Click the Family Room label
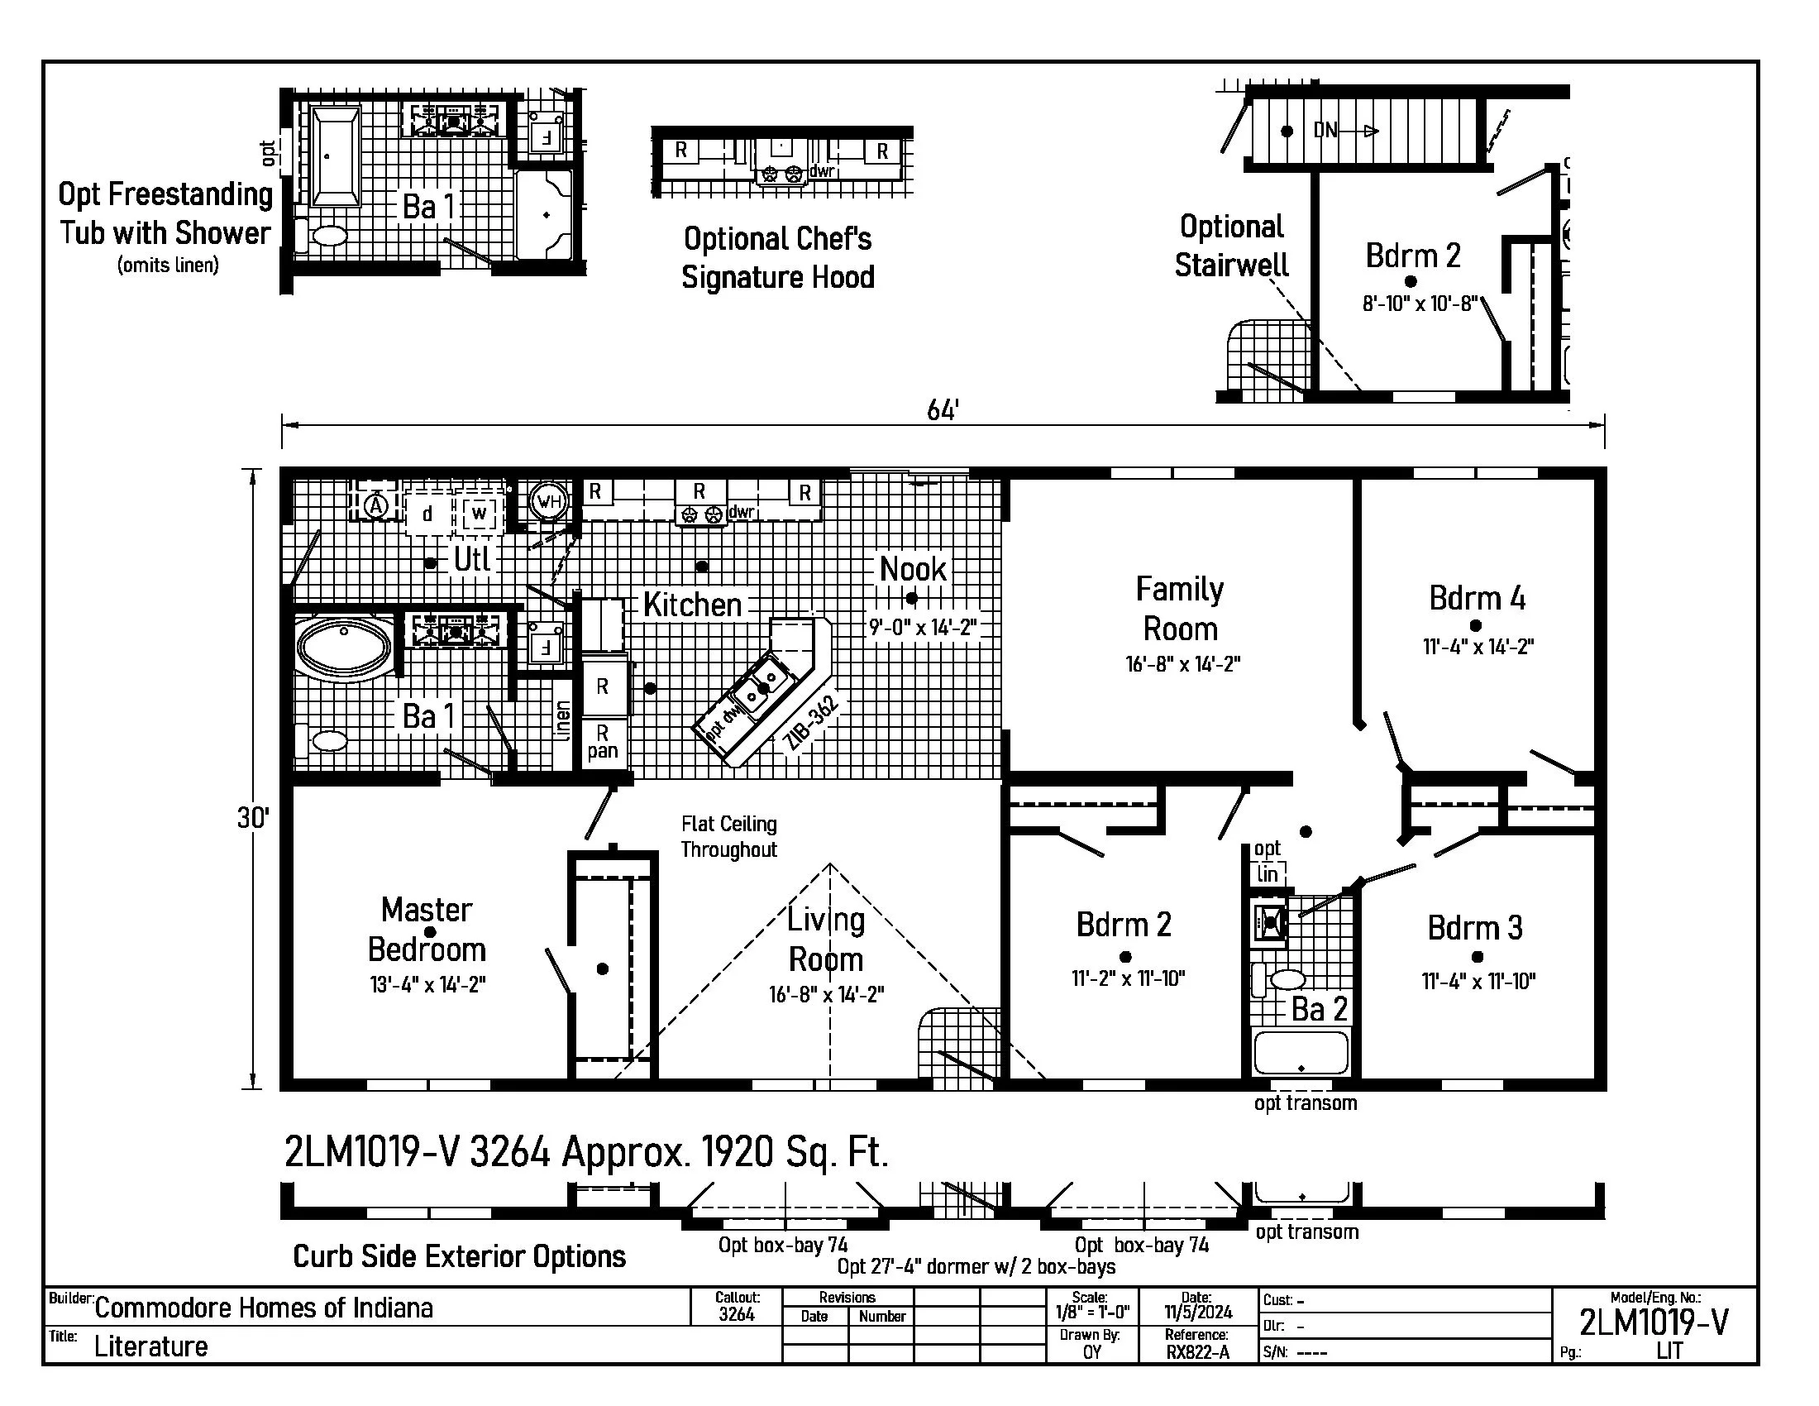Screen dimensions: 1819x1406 (x=1179, y=609)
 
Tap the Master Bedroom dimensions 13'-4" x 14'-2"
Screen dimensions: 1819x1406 (x=427, y=984)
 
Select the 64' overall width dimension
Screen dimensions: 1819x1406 (x=943, y=409)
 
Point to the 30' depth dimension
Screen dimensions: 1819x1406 (x=253, y=817)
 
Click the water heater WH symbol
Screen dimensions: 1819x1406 (x=549, y=501)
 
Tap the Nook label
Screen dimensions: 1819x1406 (x=913, y=570)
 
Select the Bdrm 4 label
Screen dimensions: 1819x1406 (x=1477, y=598)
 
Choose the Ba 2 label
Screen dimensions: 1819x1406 (x=1320, y=1010)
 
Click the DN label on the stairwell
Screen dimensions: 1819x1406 (x=1326, y=131)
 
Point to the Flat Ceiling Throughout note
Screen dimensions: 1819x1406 (x=728, y=837)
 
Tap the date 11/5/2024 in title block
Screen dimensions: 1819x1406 (x=1198, y=1313)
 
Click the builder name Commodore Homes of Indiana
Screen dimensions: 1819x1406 (x=264, y=1308)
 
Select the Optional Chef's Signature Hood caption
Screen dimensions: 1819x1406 (x=778, y=258)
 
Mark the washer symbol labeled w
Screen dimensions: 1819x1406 (x=479, y=512)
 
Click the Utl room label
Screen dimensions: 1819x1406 (x=471, y=559)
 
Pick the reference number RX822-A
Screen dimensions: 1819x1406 (x=1198, y=1353)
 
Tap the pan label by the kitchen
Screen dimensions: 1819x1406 (x=602, y=751)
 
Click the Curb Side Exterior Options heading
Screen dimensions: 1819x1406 (x=459, y=1257)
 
